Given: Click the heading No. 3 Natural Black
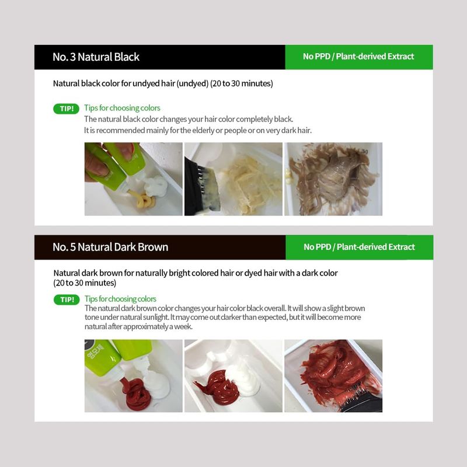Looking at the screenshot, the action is [96, 57].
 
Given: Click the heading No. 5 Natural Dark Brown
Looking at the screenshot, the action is [110, 247].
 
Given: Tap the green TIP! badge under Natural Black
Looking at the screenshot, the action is [66, 109].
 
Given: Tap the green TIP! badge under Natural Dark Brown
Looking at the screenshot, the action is [67, 299].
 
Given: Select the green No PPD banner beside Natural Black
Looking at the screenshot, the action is [359, 57].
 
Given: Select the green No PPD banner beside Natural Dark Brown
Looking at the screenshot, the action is [359, 247].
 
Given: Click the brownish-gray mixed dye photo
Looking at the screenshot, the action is [333, 179].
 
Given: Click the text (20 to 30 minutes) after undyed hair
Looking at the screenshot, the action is [242, 83].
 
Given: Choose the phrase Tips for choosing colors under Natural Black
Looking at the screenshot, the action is [122, 108].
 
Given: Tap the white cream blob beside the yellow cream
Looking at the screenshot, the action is [156, 186].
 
